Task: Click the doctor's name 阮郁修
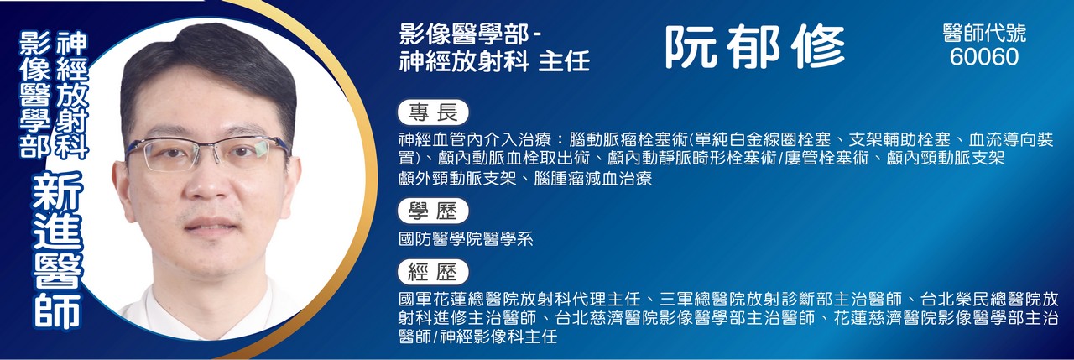[754, 46]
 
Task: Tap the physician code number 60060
[984, 57]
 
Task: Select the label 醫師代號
[984, 34]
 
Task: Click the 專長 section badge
[433, 112]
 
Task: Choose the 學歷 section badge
[433, 211]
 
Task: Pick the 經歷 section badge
[433, 272]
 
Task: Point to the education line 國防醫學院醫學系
[466, 238]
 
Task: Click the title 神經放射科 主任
[494, 62]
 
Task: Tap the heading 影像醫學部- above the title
[472, 34]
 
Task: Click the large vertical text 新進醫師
[58, 251]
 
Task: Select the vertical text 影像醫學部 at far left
[34, 95]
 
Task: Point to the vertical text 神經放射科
[72, 95]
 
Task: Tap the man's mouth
[211, 224]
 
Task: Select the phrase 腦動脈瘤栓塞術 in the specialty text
[628, 140]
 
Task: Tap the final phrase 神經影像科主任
[498, 337]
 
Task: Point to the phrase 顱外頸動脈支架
[457, 179]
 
